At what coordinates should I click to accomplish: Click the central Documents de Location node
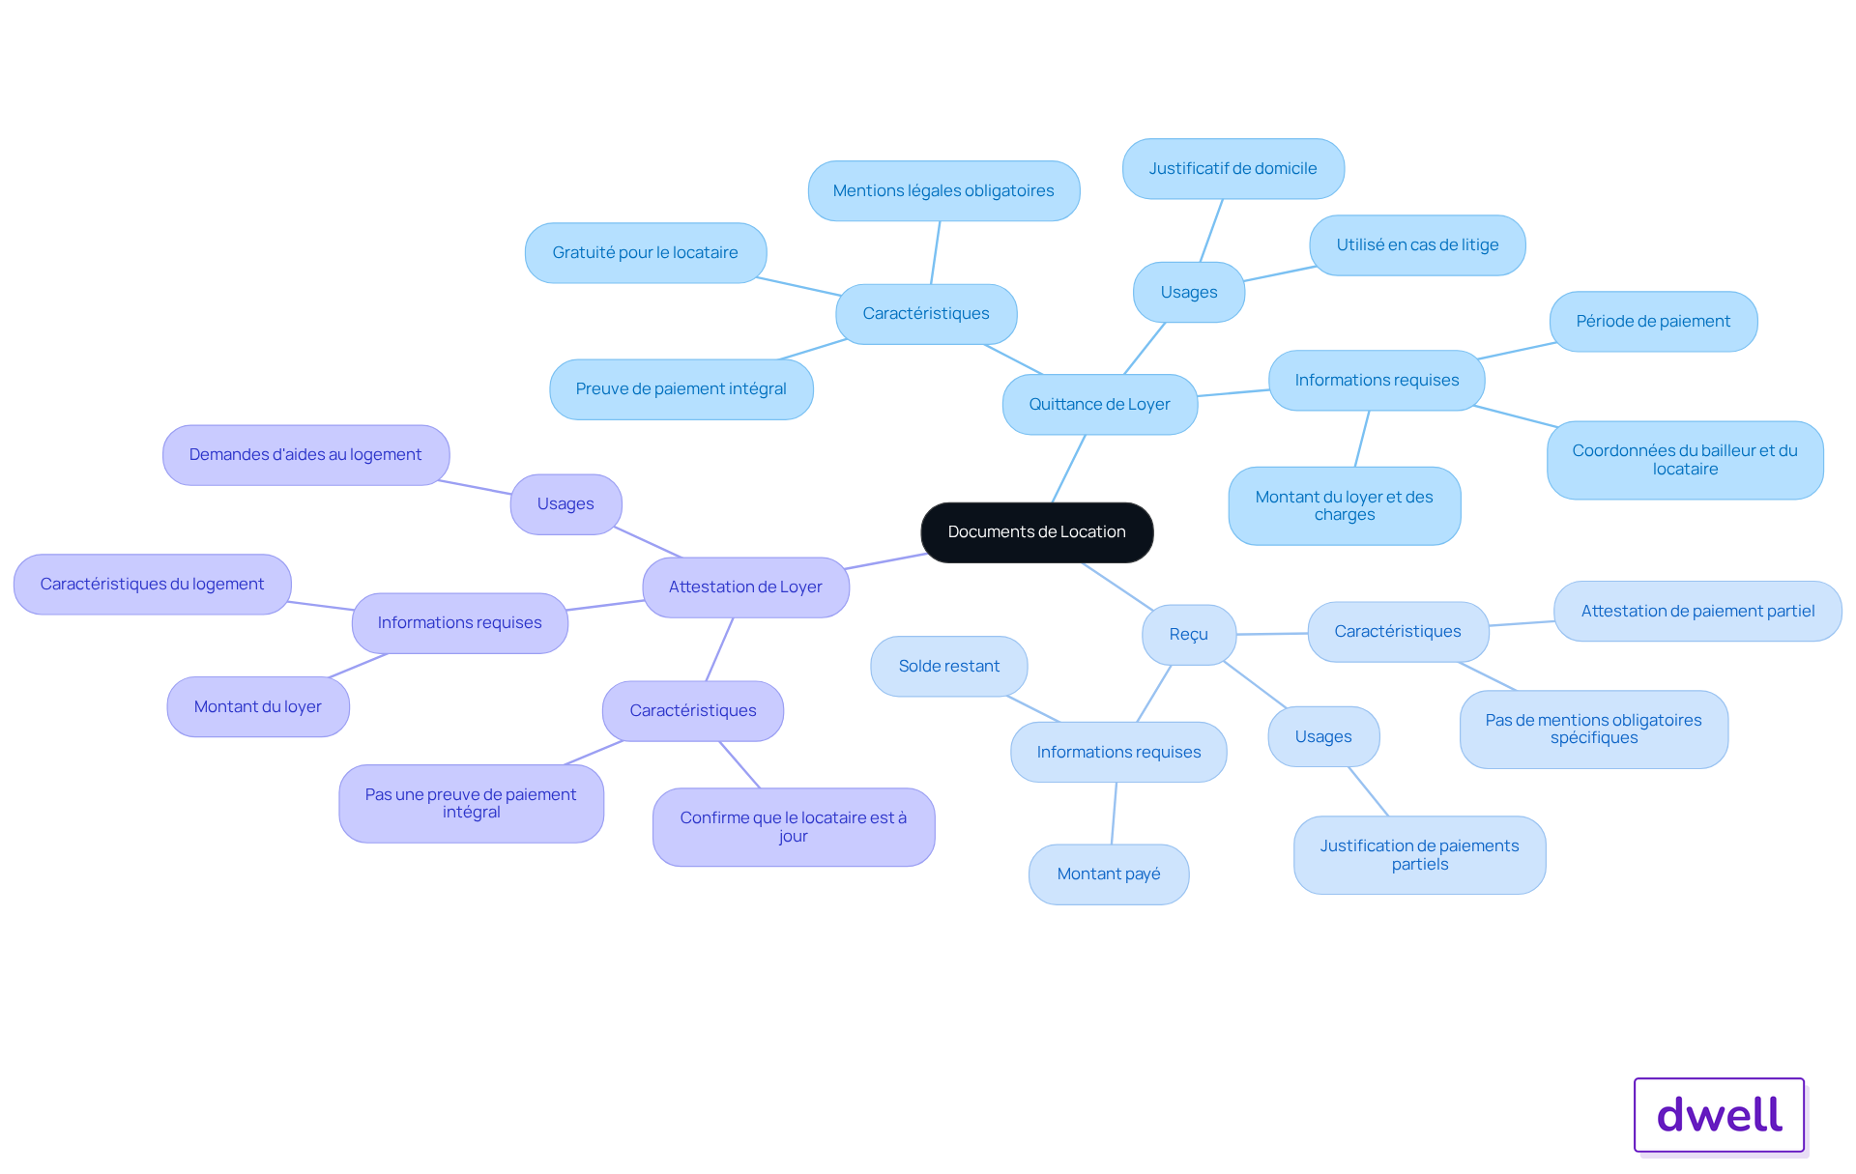pyautogui.click(x=1036, y=532)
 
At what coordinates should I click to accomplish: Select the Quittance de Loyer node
pyautogui.click(x=1099, y=405)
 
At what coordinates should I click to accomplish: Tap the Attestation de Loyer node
pyautogui.click(x=745, y=587)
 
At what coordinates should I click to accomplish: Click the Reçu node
pyautogui.click(x=1188, y=635)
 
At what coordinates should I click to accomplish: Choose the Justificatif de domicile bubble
pyautogui.click(x=1232, y=169)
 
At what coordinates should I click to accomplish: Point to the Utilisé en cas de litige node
pyautogui.click(x=1417, y=245)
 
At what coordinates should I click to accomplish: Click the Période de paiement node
pyautogui.click(x=1653, y=322)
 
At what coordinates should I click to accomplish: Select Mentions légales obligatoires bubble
pyautogui.click(x=943, y=191)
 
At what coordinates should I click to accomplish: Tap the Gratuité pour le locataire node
pyautogui.click(x=645, y=253)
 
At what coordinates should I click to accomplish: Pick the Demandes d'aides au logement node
pyautogui.click(x=305, y=455)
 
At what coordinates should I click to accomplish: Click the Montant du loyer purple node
pyautogui.click(x=258, y=707)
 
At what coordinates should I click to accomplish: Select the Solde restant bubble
pyautogui.click(x=948, y=667)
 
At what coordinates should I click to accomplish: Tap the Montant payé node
pyautogui.click(x=1109, y=874)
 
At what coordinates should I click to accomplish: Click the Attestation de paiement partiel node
pyautogui.click(x=1697, y=612)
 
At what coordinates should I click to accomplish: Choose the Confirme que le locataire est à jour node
pyautogui.click(x=793, y=827)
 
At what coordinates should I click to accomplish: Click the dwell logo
pyautogui.click(x=1719, y=1115)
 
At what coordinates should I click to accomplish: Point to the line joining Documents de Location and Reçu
pyautogui.click(x=1117, y=586)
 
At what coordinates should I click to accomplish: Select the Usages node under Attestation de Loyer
pyautogui.click(x=565, y=504)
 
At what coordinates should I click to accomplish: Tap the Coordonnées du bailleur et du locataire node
pyautogui.click(x=1685, y=460)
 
